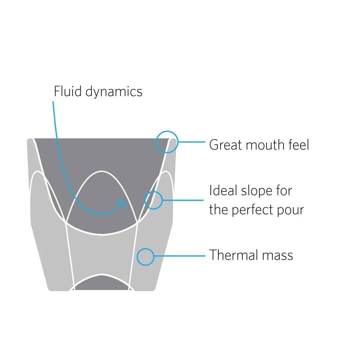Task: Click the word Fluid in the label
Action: pyautogui.click(x=68, y=91)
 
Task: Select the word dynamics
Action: pyautogui.click(x=114, y=92)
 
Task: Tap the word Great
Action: pyautogui.click(x=226, y=145)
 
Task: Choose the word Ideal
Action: pyautogui.click(x=223, y=190)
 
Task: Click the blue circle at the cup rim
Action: pyautogui.click(x=167, y=142)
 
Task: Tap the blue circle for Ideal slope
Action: pyautogui.click(x=154, y=200)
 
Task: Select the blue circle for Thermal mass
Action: pyautogui.click(x=146, y=257)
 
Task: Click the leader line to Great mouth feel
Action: pyautogui.click(x=192, y=142)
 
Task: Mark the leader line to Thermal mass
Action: pyautogui.click(x=180, y=256)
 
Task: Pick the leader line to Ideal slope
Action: pyautogui.click(x=183, y=200)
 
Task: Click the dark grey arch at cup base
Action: pyautogui.click(x=102, y=283)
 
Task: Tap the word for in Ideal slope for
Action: pyautogui.click(x=284, y=190)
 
